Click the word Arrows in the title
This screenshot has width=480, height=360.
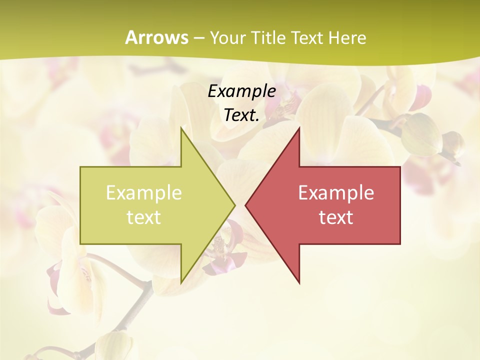tap(156, 37)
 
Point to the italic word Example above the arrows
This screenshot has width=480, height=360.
tap(241, 91)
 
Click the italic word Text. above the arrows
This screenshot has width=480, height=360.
tap(241, 115)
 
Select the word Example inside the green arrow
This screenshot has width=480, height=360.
tap(143, 192)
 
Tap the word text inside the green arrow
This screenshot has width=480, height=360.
tap(143, 217)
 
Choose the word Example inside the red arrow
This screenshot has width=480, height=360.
tap(336, 192)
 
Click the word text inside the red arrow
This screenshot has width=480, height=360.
tap(336, 217)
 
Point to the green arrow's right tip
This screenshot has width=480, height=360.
tap(235, 205)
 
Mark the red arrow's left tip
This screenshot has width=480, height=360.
tap(245, 205)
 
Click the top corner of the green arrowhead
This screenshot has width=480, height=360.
tap(181, 128)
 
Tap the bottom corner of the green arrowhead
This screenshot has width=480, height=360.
tap(181, 283)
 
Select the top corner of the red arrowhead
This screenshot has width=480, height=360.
tap(299, 128)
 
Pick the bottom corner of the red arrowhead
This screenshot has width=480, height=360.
tap(299, 283)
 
